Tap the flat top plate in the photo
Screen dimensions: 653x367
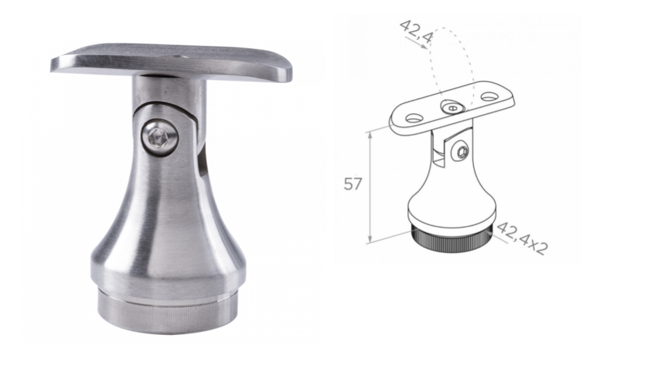point(171,63)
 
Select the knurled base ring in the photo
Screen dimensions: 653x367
point(168,311)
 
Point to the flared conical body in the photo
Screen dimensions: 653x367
point(168,220)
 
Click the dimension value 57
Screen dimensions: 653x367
point(353,183)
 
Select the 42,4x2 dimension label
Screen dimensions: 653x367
point(522,238)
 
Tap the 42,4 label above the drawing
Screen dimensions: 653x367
point(416,32)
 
